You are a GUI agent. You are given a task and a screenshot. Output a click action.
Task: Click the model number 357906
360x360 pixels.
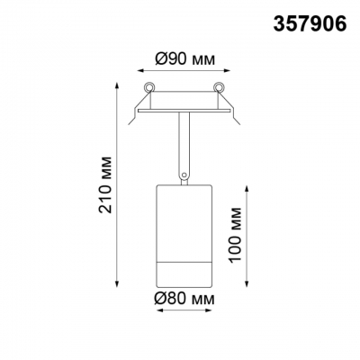click(x=310, y=23)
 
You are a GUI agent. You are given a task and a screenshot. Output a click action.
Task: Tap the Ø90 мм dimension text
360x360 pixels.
click(x=185, y=59)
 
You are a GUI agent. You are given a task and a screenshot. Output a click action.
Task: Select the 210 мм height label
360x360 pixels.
click(x=105, y=184)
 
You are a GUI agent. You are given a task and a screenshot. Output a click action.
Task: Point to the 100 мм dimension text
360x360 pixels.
click(x=235, y=235)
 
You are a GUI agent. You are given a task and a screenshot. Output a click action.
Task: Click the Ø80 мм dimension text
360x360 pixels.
click(x=184, y=299)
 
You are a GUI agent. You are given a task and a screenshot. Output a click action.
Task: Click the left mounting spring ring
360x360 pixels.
click(x=148, y=86)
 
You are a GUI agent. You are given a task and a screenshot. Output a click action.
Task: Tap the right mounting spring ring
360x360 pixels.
click(x=219, y=86)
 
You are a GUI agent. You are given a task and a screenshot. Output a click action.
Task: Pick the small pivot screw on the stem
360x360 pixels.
click(x=184, y=175)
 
